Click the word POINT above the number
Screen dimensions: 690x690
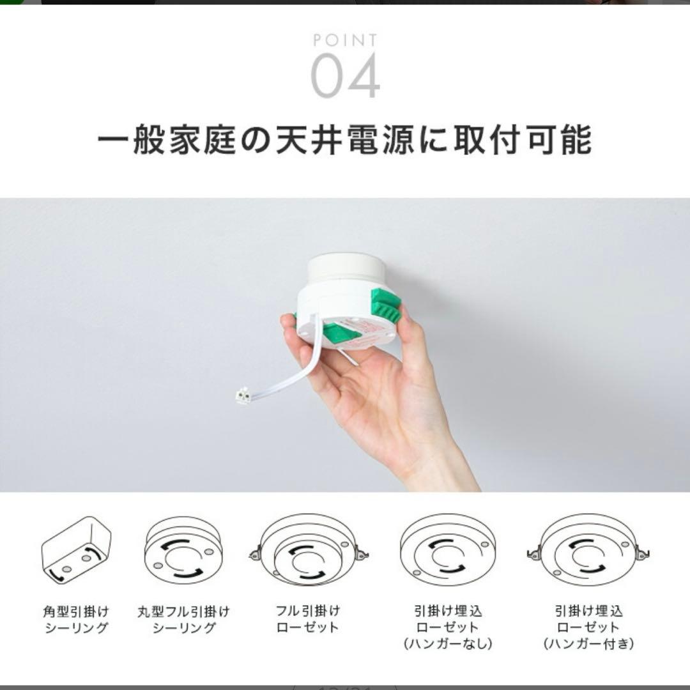tap(345, 41)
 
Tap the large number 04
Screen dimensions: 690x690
tap(345, 77)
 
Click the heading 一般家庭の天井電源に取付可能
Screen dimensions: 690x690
tap(345, 140)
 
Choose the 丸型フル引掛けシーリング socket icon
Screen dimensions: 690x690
tap(183, 552)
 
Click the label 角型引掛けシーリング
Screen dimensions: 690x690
tap(76, 620)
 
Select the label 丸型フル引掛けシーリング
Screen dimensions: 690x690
tap(183, 620)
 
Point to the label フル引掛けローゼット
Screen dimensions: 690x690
tap(309, 620)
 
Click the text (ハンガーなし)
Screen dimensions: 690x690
tap(447, 643)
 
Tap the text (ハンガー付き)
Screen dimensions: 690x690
tap(588, 643)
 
